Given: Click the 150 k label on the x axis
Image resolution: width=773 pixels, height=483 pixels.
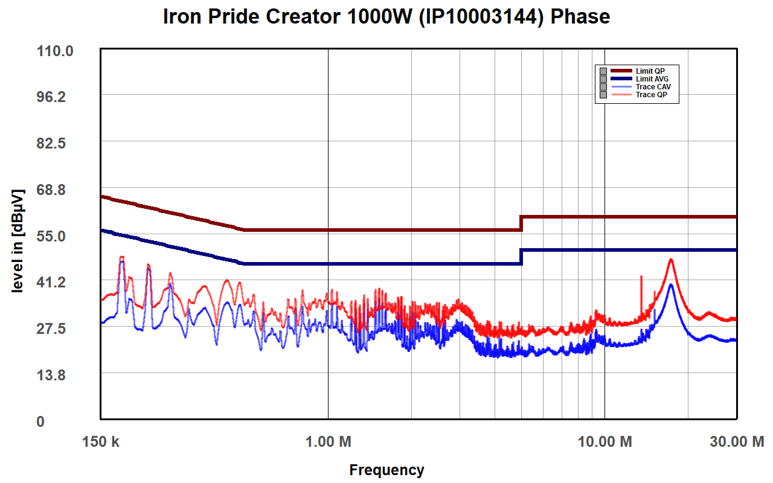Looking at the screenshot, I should click(100, 442).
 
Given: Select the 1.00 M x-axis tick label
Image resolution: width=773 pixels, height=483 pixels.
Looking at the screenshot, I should click(328, 442).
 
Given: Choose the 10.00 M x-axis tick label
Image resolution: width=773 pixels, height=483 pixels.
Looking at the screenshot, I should click(605, 442).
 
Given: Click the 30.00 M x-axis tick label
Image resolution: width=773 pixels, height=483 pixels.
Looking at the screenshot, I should click(736, 442).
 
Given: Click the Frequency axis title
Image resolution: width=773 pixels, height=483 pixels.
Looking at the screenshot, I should click(386, 470).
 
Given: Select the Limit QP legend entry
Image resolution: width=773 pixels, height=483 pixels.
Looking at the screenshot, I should click(650, 71).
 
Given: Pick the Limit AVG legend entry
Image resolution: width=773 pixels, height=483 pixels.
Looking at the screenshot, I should click(652, 79).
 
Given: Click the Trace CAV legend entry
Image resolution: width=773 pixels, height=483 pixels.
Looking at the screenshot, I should click(653, 87).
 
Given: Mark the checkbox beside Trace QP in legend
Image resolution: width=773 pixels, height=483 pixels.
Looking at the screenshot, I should click(603, 95).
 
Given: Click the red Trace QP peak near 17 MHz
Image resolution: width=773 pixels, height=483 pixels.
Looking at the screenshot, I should click(671, 260).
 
